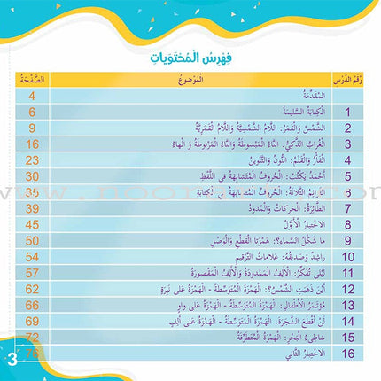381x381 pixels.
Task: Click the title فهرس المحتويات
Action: (x=190, y=58)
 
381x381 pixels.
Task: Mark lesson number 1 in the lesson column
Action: (x=349, y=113)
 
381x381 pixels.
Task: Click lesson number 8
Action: (x=349, y=224)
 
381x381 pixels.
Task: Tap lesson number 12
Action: (x=349, y=288)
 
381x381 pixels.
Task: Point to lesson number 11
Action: (x=349, y=272)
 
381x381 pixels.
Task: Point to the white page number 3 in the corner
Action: (x=12, y=359)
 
